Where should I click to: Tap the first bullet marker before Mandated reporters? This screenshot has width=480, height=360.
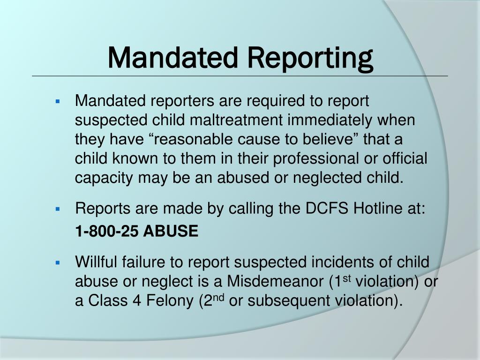pos(58,101)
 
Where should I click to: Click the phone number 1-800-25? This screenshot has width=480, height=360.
pos(107,231)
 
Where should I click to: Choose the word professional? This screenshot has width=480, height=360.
pos(318,159)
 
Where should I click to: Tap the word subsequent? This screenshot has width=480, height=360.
pos(290,301)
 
